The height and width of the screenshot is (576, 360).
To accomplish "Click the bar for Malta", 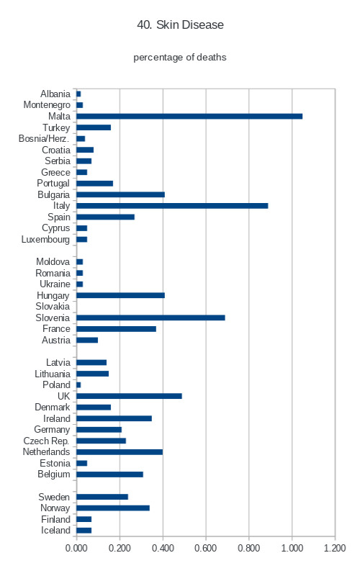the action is pos(189,117).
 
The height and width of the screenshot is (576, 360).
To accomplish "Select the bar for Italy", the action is pos(172,206).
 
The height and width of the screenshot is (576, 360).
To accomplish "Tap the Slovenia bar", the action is pos(151,318).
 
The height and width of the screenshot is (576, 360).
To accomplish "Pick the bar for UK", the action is pos(130,396).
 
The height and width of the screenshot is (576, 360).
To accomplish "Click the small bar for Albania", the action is pos(78,94).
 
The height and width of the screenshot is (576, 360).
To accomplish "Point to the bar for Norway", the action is pos(113,508).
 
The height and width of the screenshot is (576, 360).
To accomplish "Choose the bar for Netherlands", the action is pos(120,452).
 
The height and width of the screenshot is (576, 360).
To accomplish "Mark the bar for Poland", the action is pos(78,385).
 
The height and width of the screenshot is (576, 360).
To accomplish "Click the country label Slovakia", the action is pos(53,307).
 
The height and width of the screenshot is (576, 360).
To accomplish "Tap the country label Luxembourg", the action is pos(45,240).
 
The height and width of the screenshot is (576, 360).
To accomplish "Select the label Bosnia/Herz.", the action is pos(44,138).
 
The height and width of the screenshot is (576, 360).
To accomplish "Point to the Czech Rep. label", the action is pos(46,441).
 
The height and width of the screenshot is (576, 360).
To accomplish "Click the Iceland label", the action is pos(55,531).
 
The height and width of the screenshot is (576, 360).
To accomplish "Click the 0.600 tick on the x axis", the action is pos(206,548).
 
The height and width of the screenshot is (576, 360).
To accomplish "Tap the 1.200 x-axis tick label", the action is pos(335,548).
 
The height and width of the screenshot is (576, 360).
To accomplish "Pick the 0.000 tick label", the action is pos(76,548).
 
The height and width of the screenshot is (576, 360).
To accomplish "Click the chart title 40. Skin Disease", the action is pos(181,24).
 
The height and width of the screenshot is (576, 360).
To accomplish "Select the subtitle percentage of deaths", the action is pos(179,58).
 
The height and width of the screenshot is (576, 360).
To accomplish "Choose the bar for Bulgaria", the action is pos(121,194).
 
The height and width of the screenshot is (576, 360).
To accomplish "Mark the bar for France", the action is pos(117,329).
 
